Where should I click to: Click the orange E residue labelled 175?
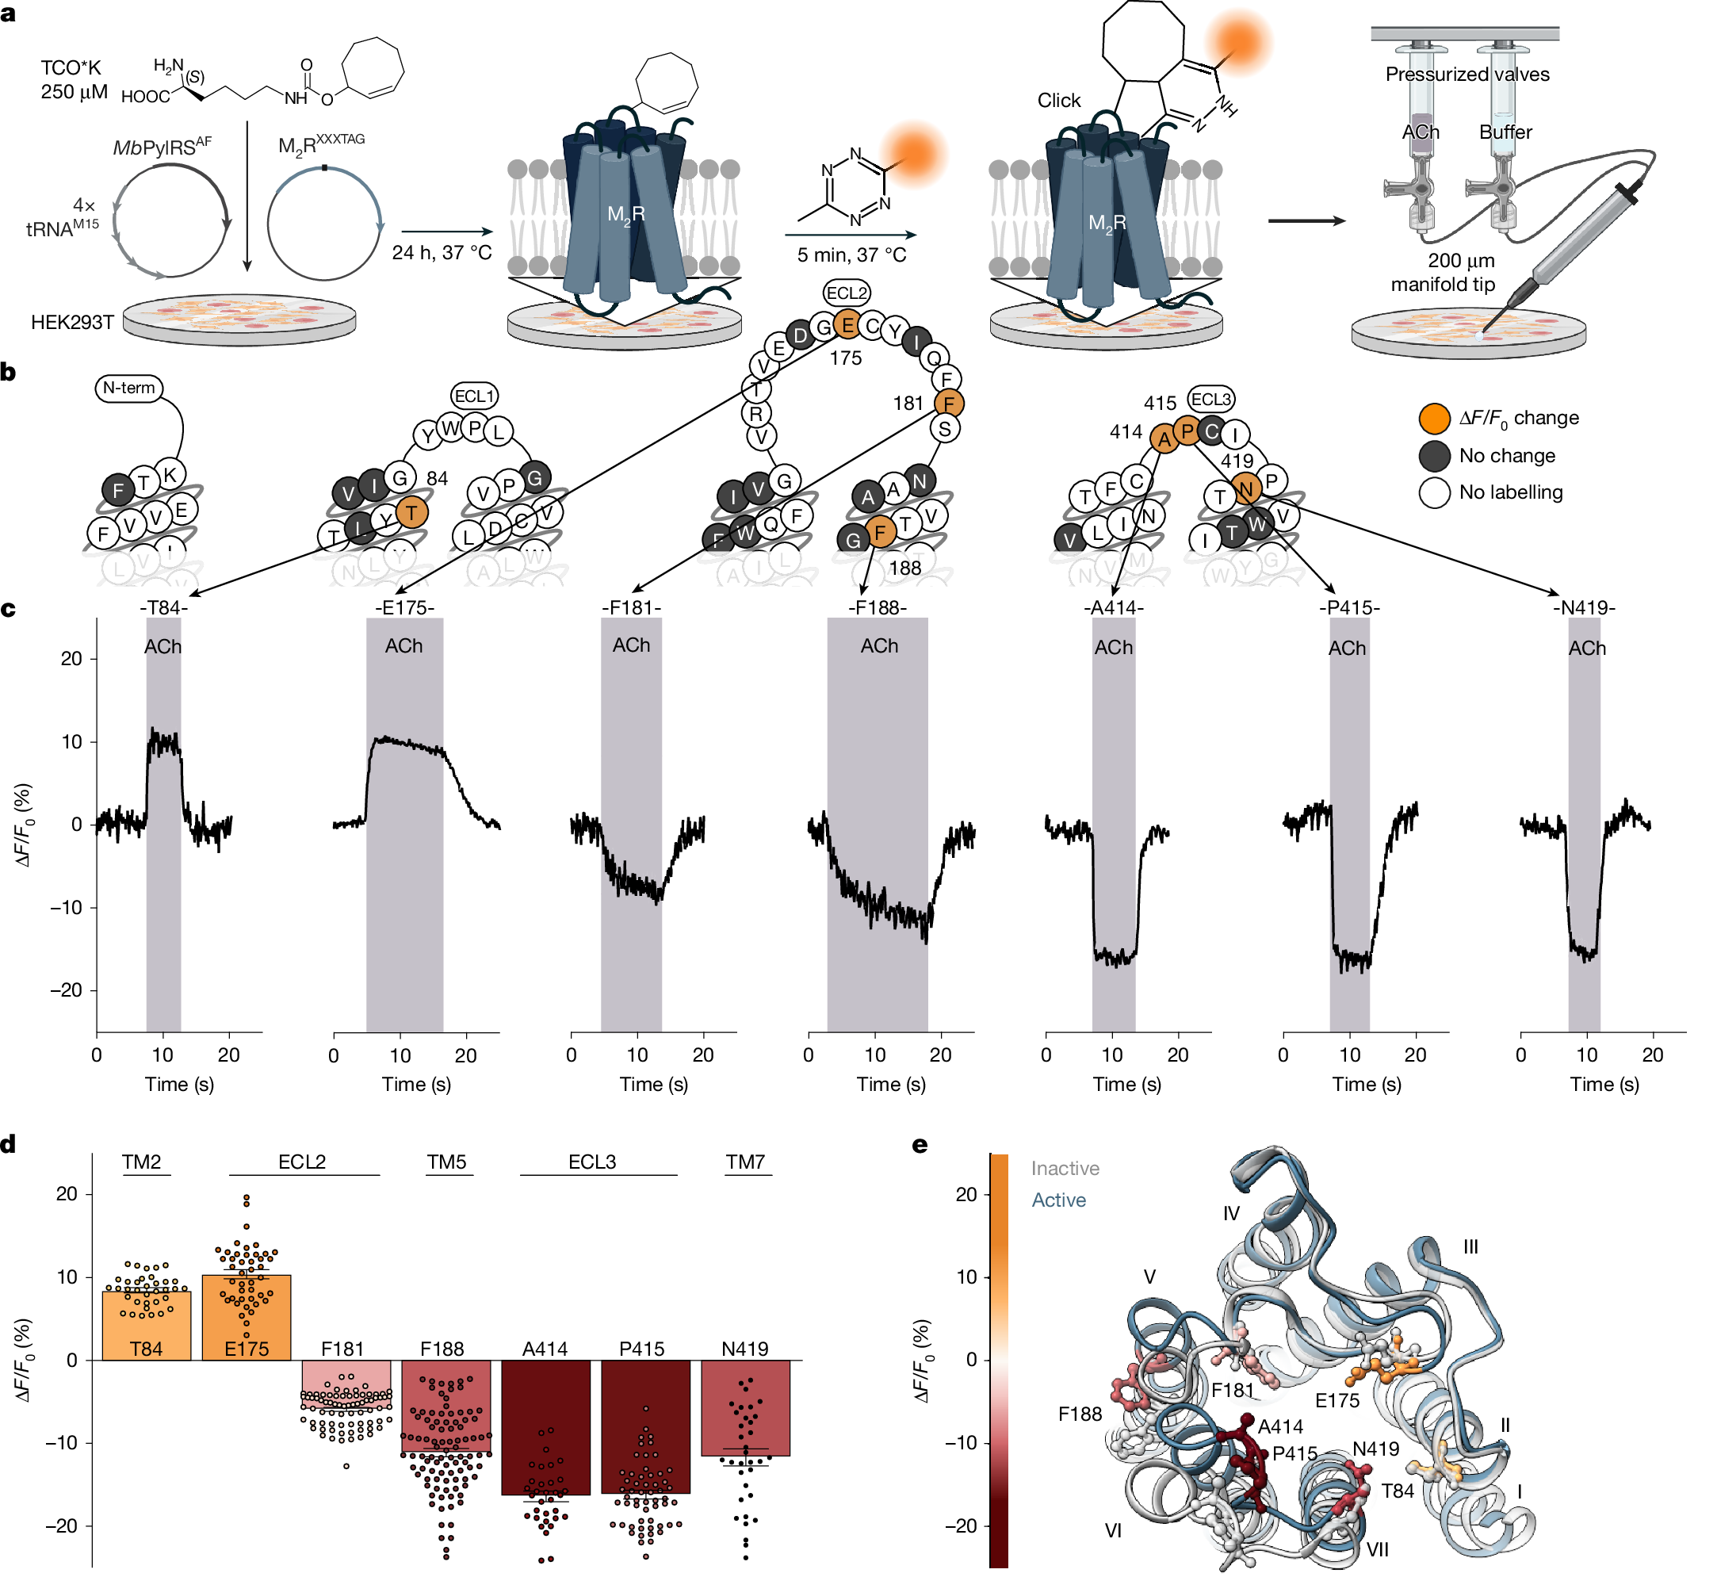pyautogui.click(x=847, y=325)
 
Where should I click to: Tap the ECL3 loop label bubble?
pyautogui.click(x=1211, y=400)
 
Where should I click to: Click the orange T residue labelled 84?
pyautogui.click(x=412, y=513)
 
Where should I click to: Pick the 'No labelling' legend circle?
pyautogui.click(x=1435, y=492)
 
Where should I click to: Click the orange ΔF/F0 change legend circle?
pyautogui.click(x=1435, y=418)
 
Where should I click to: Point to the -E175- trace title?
pyautogui.click(x=404, y=607)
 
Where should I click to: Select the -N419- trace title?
pyautogui.click(x=1584, y=607)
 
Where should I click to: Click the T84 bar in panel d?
pyautogui.click(x=146, y=1326)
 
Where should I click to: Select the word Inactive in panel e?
pyautogui.click(x=1065, y=1168)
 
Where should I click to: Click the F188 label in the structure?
pyautogui.click(x=1080, y=1414)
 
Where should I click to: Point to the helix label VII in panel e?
pyautogui.click(x=1378, y=1548)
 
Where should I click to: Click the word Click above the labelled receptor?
pyautogui.click(x=1059, y=101)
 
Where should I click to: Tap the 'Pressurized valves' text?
pyautogui.click(x=1467, y=75)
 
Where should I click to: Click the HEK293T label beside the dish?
pyautogui.click(x=73, y=322)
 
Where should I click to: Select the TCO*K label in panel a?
pyautogui.click(x=71, y=67)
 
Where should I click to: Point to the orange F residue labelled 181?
pyautogui.click(x=948, y=404)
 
